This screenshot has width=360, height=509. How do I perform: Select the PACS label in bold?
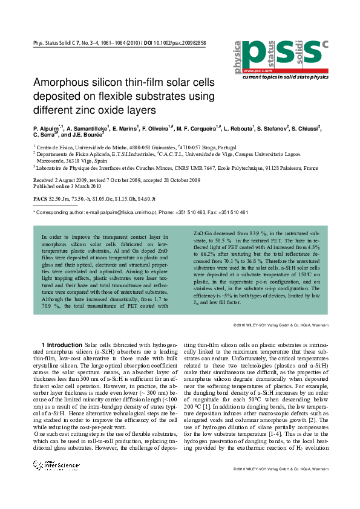39,198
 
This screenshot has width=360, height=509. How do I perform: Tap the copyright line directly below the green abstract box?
281,325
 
